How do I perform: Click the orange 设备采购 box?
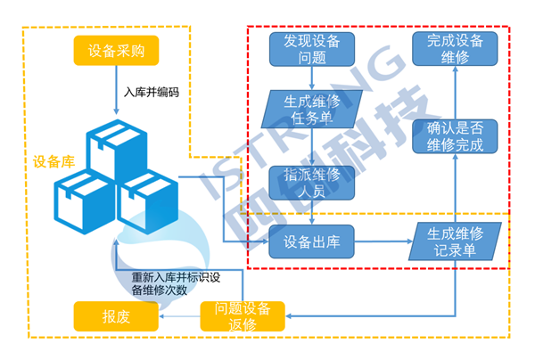[117, 51]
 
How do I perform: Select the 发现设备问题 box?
[312, 50]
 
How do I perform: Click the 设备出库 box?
[311, 241]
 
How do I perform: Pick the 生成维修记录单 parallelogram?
[455, 241]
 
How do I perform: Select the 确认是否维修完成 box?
[455, 138]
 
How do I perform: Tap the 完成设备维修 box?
[455, 50]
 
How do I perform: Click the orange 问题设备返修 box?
[243, 316]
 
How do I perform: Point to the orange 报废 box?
[117, 316]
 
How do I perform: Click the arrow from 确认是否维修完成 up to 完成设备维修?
[455, 93]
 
